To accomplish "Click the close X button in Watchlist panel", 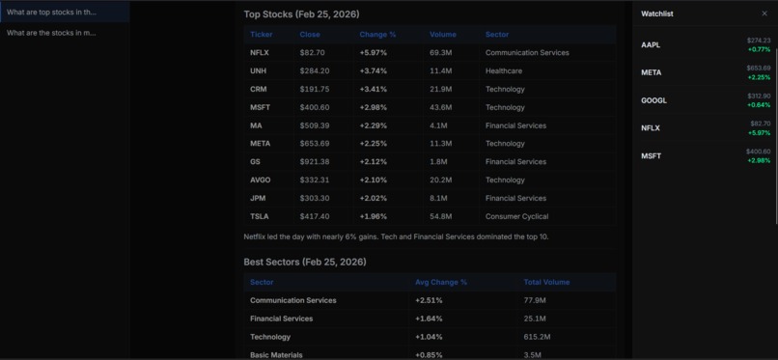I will click(764, 14).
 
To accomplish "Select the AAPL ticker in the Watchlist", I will click(651, 45).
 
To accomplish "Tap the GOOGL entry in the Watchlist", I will click(653, 100).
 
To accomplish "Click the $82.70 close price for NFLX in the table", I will click(312, 53).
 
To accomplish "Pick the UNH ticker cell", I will click(258, 71).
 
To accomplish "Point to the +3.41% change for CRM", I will click(374, 90).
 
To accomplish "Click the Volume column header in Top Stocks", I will click(443, 35).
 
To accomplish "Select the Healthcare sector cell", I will click(503, 71).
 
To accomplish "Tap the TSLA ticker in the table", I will click(259, 217).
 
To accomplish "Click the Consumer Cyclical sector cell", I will click(516, 217).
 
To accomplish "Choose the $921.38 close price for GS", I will click(314, 162).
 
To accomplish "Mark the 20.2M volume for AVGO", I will click(440, 180).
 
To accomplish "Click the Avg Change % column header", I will click(440, 283).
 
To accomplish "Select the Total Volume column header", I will click(546, 283).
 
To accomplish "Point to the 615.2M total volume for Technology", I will click(537, 338).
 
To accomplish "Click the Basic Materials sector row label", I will click(276, 355).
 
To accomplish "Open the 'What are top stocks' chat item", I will click(51, 13).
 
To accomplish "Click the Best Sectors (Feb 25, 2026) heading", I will click(304, 262).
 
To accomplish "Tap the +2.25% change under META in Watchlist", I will click(759, 77).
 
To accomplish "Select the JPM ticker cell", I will click(258, 199).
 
